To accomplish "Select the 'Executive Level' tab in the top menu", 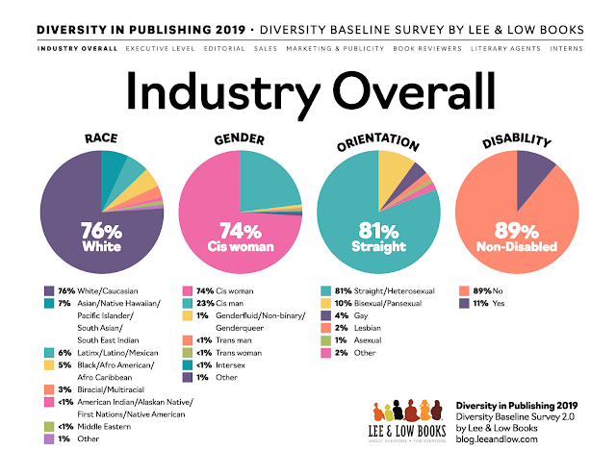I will [x=148, y=46].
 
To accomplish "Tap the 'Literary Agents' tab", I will [x=505, y=46].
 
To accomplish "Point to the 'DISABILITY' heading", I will [x=518, y=141].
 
